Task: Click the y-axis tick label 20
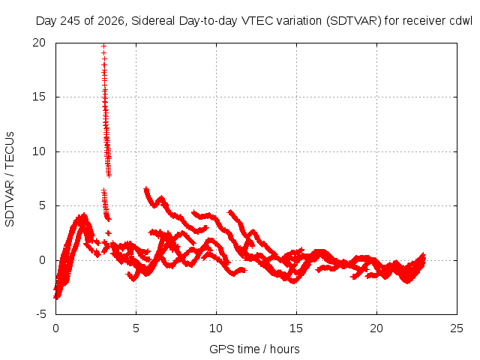(39, 43)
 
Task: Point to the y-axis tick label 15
(39, 97)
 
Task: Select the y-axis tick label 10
(39, 151)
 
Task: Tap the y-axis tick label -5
(40, 314)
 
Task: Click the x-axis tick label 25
(457, 328)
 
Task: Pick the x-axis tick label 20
(376, 328)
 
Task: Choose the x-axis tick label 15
(296, 328)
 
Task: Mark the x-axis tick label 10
(216, 328)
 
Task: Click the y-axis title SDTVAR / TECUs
(10, 179)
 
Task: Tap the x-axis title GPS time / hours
(255, 349)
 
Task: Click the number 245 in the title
(70, 21)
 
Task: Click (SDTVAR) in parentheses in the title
(354, 21)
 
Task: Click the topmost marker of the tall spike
(103, 46)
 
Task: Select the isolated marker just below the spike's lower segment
(108, 233)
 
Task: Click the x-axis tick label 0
(55, 328)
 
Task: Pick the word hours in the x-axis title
(285, 349)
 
